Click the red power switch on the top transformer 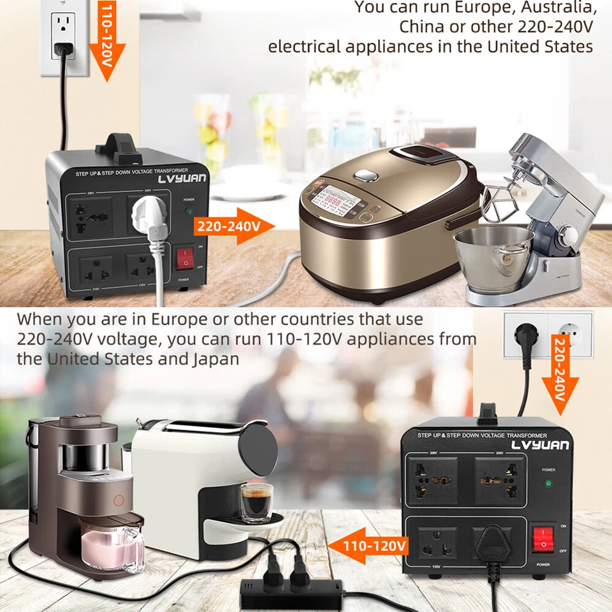[184, 258]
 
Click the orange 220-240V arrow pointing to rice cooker [235, 226]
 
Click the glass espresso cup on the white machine [256, 500]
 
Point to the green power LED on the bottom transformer [548, 483]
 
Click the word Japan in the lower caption [216, 359]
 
